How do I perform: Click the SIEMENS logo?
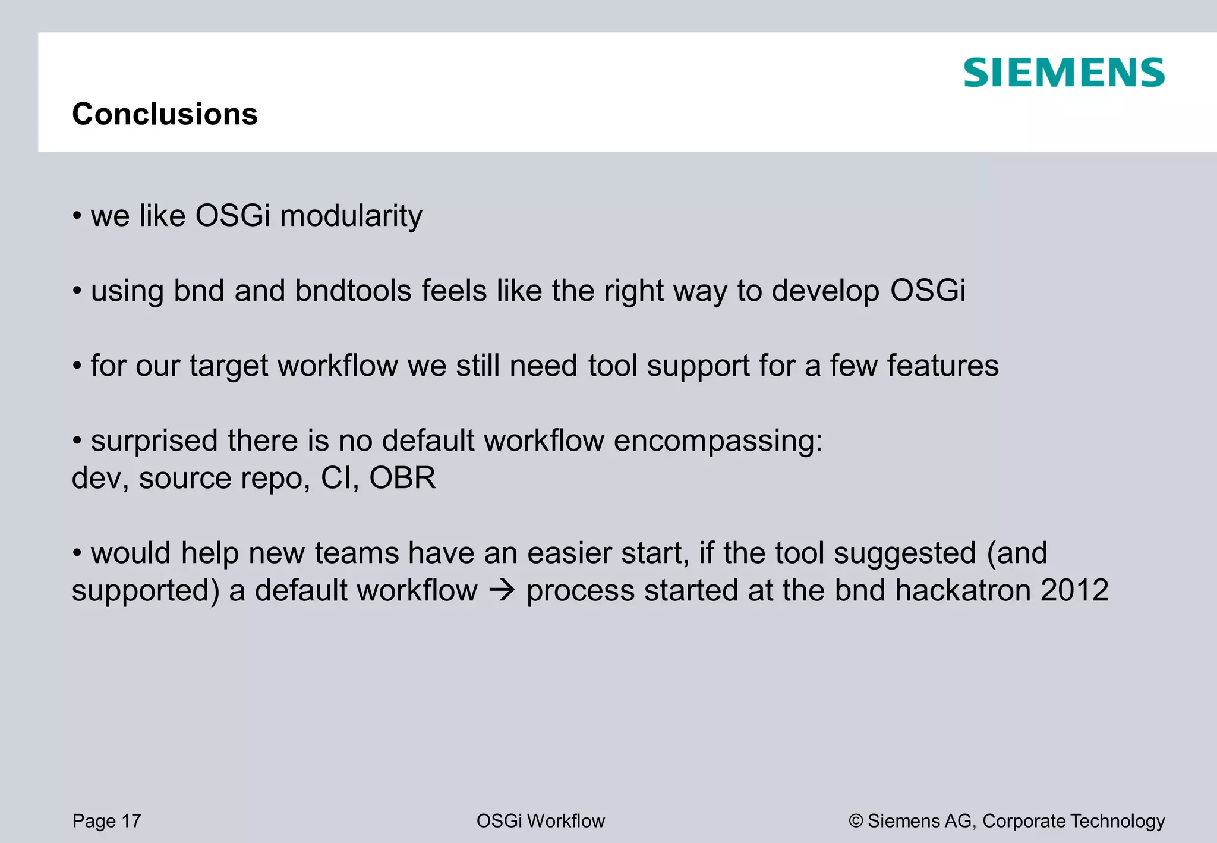[1064, 73]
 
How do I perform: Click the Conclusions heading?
[165, 114]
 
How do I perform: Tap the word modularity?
[351, 216]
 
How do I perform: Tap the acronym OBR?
[402, 478]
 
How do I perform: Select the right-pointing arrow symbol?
[501, 590]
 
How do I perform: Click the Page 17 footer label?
[106, 821]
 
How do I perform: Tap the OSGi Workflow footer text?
[540, 821]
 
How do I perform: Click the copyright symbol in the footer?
[856, 821]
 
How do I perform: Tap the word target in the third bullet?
[229, 366]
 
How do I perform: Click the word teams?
[356, 553]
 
